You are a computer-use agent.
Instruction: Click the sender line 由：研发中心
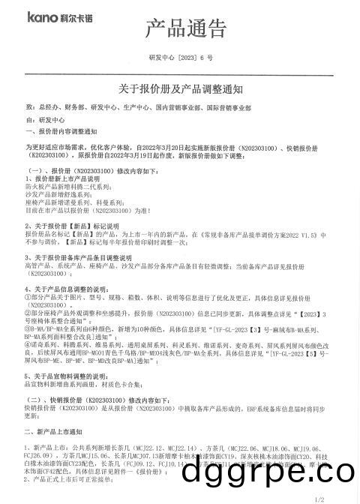[x=46, y=119]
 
